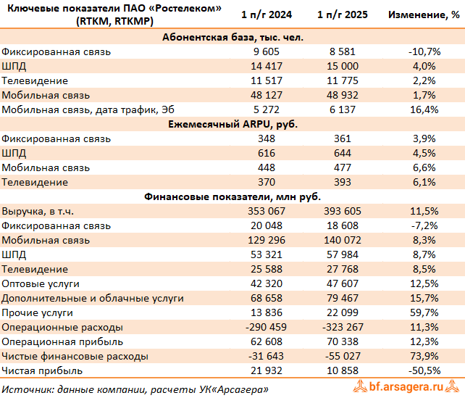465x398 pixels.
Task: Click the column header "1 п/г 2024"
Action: point(267,15)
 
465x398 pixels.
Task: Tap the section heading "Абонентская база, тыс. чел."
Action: point(232,37)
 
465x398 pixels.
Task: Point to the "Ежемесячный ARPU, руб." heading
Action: point(232,124)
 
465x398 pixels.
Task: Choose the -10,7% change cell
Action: point(422,51)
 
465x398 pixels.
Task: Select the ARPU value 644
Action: point(341,153)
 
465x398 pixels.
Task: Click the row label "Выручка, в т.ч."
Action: point(38,211)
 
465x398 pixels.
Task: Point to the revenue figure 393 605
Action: point(341,211)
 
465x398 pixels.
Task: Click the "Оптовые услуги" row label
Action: point(41,283)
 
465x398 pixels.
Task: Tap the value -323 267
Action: point(340,327)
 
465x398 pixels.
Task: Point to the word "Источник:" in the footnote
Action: point(27,389)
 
